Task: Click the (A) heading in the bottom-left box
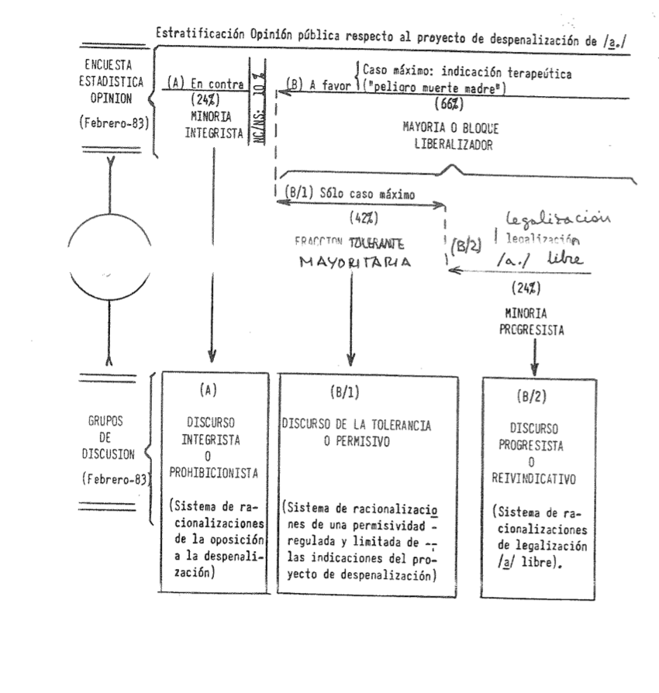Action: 208,391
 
